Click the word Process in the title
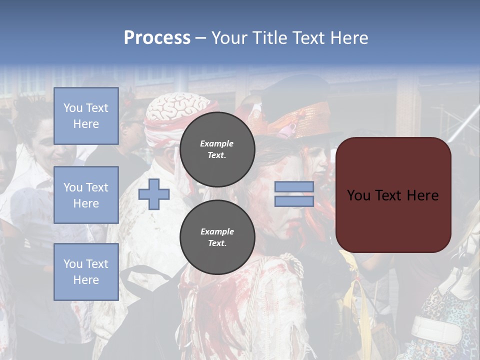click(x=157, y=38)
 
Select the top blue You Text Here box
click(x=86, y=116)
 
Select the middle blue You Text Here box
click(x=86, y=195)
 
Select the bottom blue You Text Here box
click(x=86, y=271)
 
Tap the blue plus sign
click(x=154, y=194)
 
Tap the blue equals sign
click(x=294, y=194)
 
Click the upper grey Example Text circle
click(x=217, y=149)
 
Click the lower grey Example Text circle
click(x=217, y=237)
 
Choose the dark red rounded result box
click(x=393, y=195)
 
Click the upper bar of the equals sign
click(x=294, y=186)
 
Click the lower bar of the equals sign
click(x=294, y=201)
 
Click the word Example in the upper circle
click(x=217, y=143)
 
